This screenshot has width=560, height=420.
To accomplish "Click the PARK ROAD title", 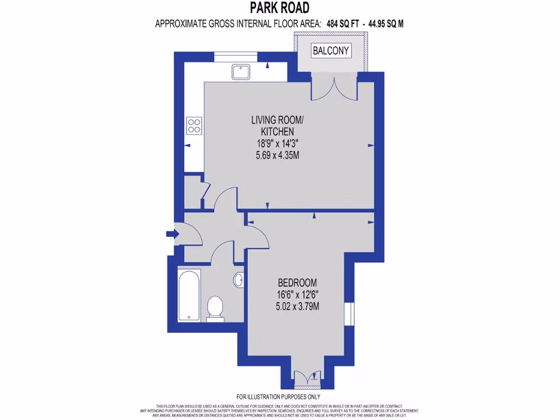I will point(279,8).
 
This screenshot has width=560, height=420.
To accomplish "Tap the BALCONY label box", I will point(330,51).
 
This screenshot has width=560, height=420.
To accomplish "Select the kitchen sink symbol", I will point(240,71).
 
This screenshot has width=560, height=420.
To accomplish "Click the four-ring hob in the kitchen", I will point(194,126).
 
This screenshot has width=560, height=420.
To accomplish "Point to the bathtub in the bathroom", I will point(189,295).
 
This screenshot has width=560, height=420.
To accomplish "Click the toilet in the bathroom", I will point(215,308).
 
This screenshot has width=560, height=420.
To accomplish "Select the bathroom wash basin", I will point(238,280).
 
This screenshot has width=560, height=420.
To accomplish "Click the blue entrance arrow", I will point(172,234).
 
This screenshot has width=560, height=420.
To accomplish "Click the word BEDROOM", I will point(297,283).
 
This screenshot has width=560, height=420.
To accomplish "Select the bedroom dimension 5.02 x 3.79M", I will point(297,306).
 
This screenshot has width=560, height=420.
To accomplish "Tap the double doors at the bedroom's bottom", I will point(306,377).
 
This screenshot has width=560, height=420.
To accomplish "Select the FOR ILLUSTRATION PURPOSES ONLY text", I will point(278,396).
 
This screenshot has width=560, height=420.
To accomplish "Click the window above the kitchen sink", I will point(235,54).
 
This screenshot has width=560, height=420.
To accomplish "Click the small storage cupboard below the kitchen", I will point(192,191).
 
